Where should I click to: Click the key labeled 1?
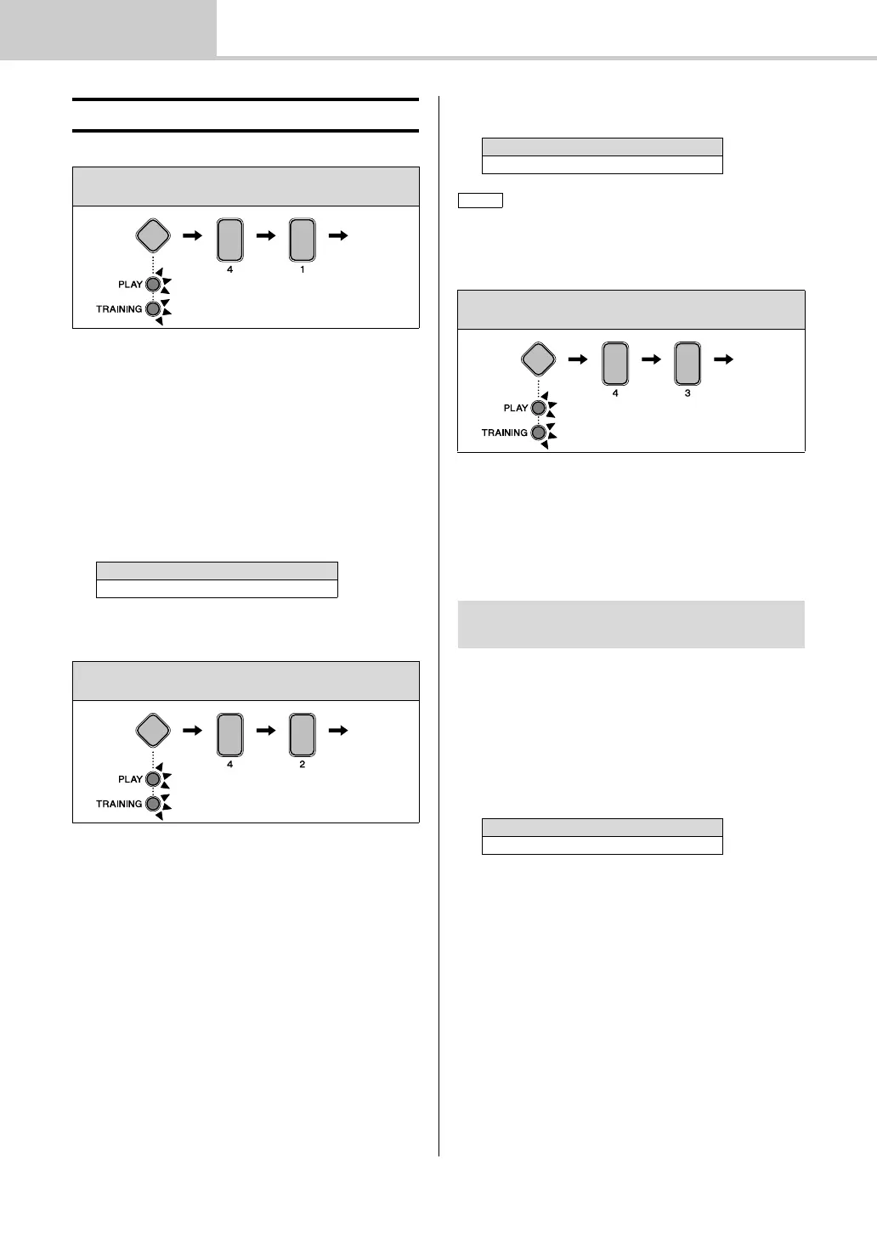[303, 240]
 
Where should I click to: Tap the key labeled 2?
[303, 735]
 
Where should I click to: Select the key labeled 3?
[687, 364]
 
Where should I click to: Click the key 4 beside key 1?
[229, 240]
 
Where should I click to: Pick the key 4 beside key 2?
[229, 735]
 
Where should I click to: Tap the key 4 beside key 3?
[615, 364]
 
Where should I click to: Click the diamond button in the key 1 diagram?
[153, 235]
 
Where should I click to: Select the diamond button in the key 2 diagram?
[153, 731]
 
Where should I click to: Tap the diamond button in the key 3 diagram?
[538, 359]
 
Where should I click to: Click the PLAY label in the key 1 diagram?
[130, 285]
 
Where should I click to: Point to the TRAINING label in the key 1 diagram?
[119, 309]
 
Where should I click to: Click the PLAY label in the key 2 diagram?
[130, 780]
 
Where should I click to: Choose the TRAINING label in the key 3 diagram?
[504, 433]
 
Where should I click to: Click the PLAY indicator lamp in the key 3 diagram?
[538, 408]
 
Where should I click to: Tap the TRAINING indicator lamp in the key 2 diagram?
[153, 804]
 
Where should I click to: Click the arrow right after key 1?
[337, 236]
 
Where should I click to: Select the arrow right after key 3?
[723, 360]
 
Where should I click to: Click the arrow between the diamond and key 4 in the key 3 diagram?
[578, 360]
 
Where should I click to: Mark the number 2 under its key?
[303, 765]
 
